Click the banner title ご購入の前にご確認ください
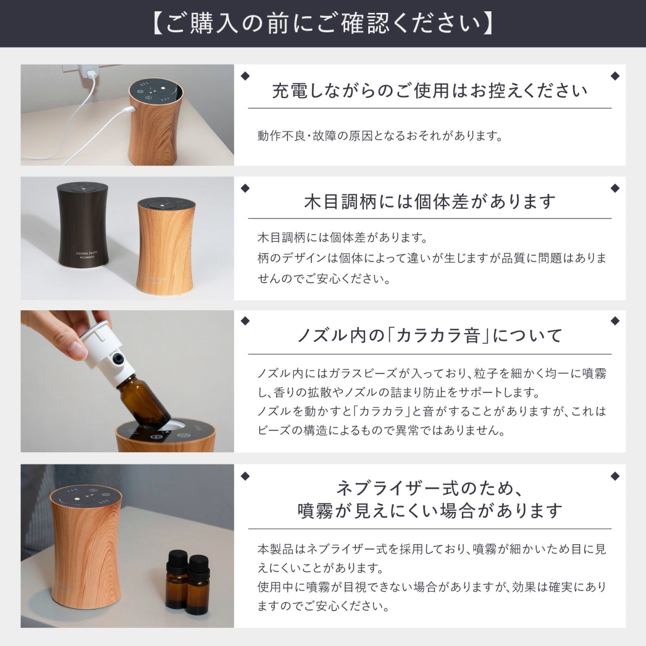(323, 24)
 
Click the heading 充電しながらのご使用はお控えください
(430, 90)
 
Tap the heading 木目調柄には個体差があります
(430, 201)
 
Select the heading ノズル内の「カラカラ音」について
(430, 336)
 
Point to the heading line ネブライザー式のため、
(430, 488)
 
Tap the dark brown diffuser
(83, 224)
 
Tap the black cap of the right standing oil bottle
(199, 565)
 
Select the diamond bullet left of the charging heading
(245, 76)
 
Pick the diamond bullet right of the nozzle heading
(615, 321)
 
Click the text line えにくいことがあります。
(321, 568)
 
